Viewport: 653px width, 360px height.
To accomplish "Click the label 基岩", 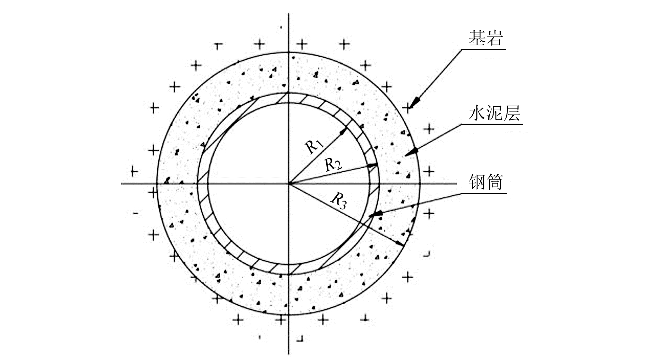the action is click(x=486, y=38).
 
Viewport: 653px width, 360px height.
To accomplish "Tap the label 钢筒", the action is click(x=486, y=183).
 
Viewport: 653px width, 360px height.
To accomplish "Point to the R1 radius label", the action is click(x=314, y=146).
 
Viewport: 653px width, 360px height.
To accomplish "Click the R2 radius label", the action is click(x=333, y=164).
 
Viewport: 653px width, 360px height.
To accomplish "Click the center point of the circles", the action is click(x=289, y=184).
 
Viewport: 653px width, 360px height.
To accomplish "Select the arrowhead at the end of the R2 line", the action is click(x=372, y=165).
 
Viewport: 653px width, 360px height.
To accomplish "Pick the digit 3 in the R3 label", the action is click(x=342, y=204).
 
